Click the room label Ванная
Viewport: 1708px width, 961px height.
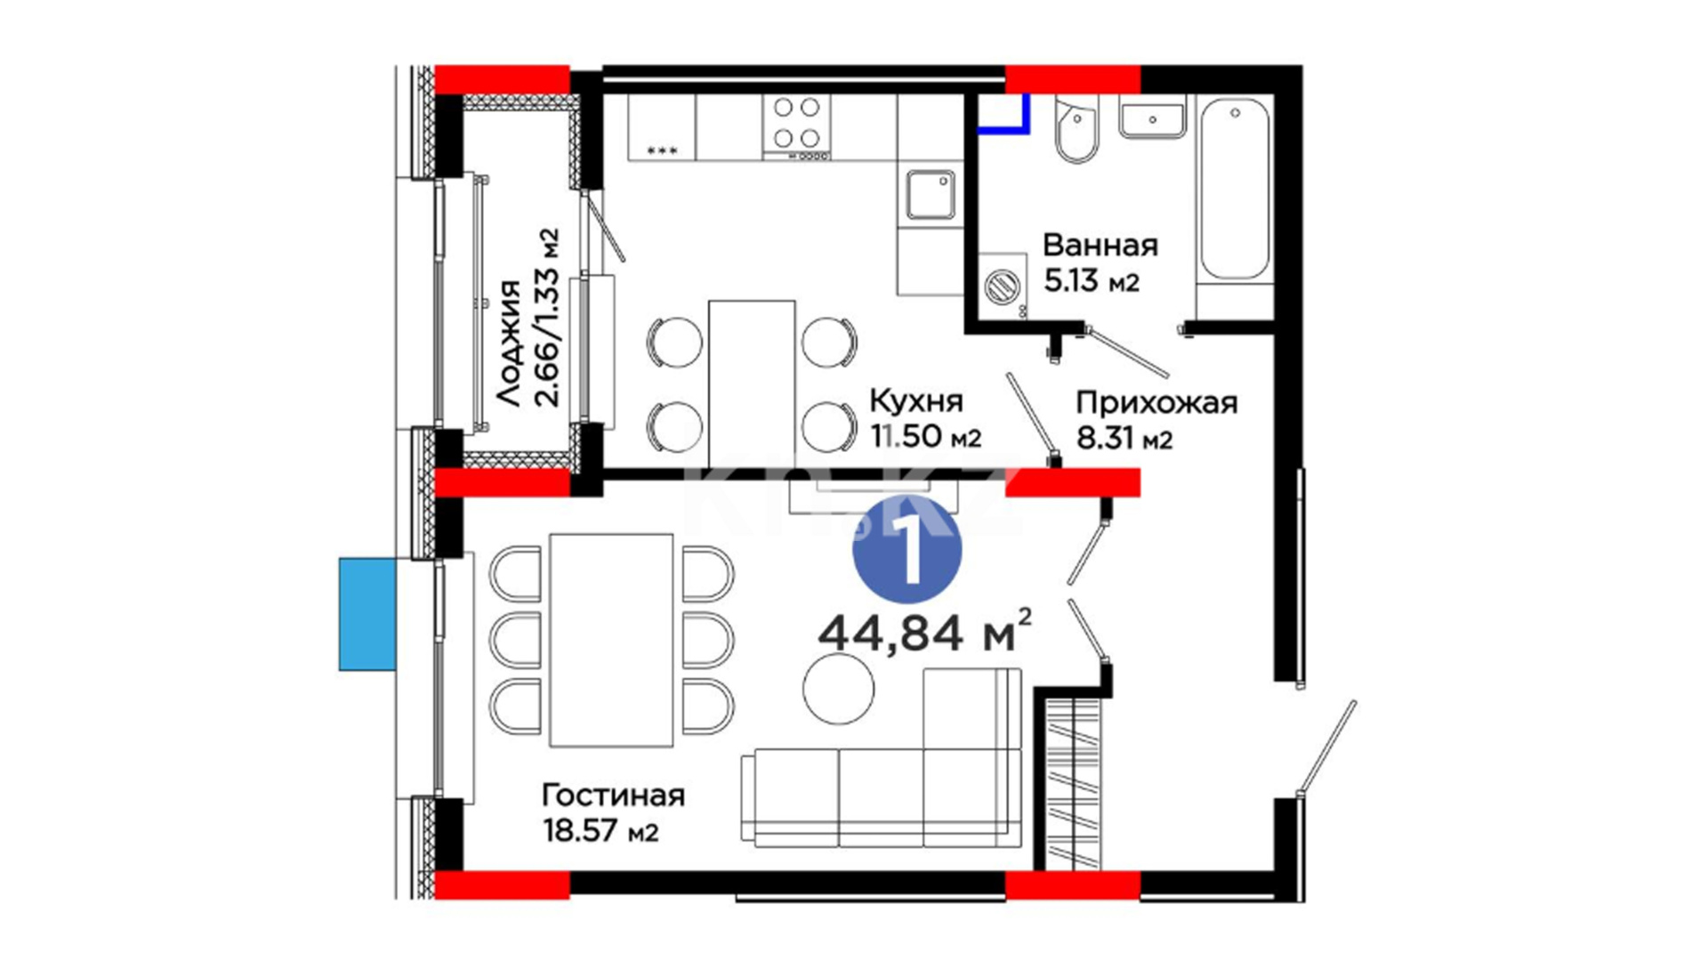click(x=1100, y=245)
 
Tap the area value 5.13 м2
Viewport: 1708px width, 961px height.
click(x=1091, y=281)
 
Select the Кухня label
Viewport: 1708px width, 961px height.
click(x=916, y=401)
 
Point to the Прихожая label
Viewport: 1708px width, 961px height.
click(x=1156, y=403)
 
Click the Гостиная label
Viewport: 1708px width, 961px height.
click(x=614, y=795)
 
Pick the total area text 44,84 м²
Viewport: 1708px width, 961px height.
click(x=925, y=632)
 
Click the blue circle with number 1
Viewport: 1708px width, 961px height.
click(x=907, y=549)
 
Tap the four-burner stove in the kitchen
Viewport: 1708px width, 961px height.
click(x=796, y=126)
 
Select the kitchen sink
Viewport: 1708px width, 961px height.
click(x=931, y=195)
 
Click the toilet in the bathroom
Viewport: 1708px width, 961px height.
click(x=1077, y=129)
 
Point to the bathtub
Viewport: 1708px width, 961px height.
click(x=1235, y=189)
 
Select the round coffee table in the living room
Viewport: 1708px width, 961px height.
click(x=838, y=688)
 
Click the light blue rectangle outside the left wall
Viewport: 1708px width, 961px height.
click(x=367, y=614)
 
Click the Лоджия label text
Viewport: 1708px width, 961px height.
click(x=509, y=343)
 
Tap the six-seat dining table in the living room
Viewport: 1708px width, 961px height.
click(x=611, y=640)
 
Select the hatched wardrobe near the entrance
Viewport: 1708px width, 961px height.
click(x=1073, y=783)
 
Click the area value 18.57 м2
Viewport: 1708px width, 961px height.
click(x=600, y=831)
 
